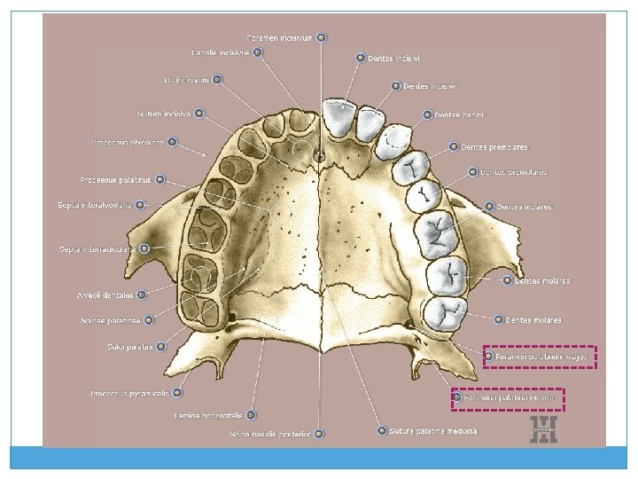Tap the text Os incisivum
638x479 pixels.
click(x=186, y=80)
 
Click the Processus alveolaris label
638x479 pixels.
click(x=128, y=142)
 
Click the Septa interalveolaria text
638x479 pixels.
click(x=95, y=205)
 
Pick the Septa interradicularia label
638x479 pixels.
click(x=97, y=249)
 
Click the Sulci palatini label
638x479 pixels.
click(x=130, y=346)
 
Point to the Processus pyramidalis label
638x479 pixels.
click(x=131, y=392)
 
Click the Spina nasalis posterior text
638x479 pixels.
click(x=270, y=434)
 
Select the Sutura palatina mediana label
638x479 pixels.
click(x=433, y=431)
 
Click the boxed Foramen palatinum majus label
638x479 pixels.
click(x=541, y=357)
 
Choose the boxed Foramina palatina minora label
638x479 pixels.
click(x=509, y=399)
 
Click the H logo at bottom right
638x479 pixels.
click(x=542, y=430)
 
